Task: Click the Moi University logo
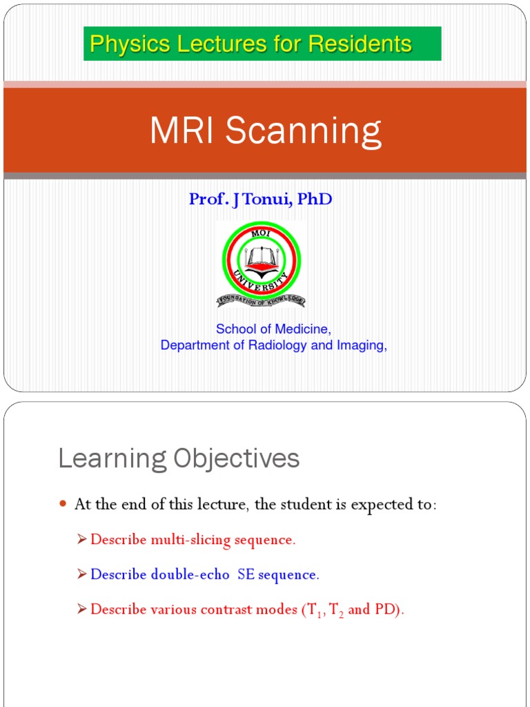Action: click(262, 264)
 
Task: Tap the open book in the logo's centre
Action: click(262, 259)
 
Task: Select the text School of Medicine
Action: click(273, 329)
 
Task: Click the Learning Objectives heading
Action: click(179, 458)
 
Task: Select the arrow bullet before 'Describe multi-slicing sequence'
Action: click(82, 539)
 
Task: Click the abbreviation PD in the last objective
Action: click(386, 610)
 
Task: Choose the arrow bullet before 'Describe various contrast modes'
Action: click(82, 609)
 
